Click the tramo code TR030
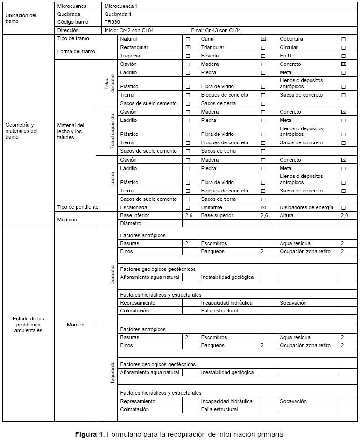coord(111,22)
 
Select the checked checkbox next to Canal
coord(263,39)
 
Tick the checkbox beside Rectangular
coord(188,48)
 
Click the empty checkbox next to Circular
coord(343,48)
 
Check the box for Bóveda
coord(263,56)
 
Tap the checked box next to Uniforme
coord(263,207)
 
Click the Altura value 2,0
coord(344,215)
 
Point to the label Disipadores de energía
coord(306,207)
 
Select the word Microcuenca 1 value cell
coord(121,6)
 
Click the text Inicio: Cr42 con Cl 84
coord(129,30)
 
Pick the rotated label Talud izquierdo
coord(112,131)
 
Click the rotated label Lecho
coord(112,179)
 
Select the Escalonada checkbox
coord(188,207)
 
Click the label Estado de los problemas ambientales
coord(28,324)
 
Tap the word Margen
coord(76,324)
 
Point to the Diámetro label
coord(130,223)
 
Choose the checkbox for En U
coord(343,56)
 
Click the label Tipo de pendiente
coord(78,207)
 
